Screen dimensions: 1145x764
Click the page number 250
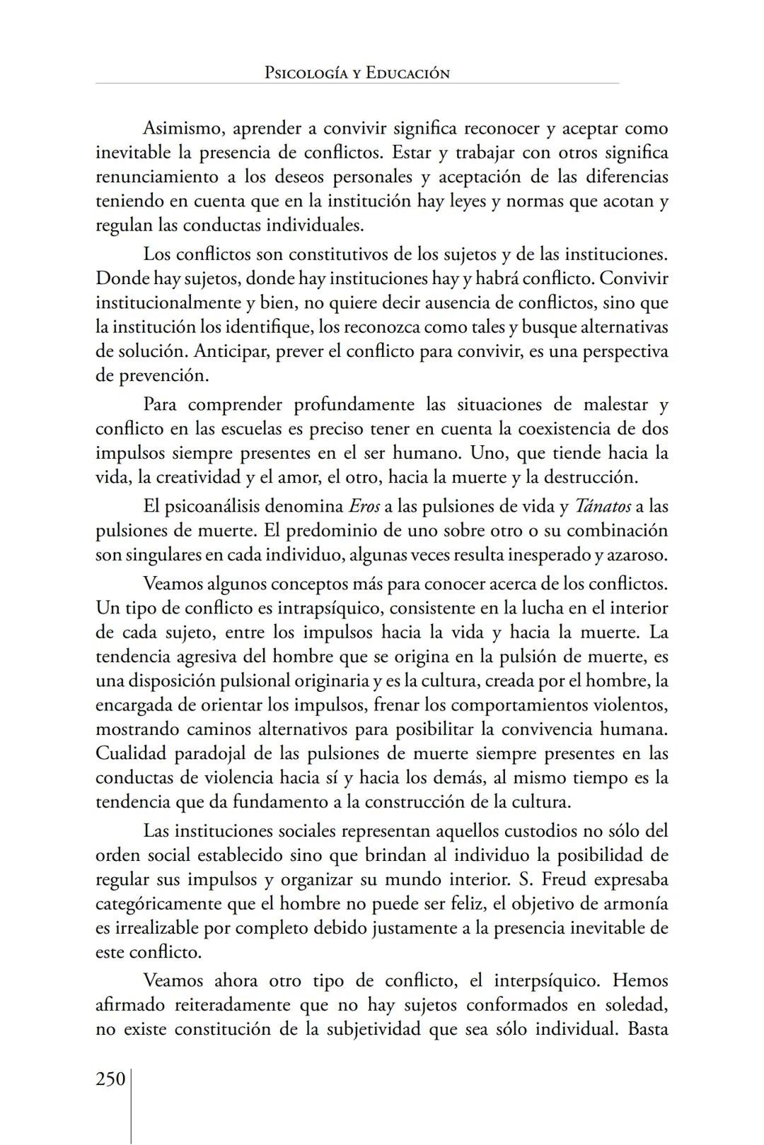(x=110, y=1079)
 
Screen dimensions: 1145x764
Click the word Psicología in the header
(x=307, y=73)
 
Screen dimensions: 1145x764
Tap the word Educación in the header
(x=407, y=73)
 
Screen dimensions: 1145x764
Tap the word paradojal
(x=213, y=753)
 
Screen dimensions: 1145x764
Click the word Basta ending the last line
(x=647, y=1029)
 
